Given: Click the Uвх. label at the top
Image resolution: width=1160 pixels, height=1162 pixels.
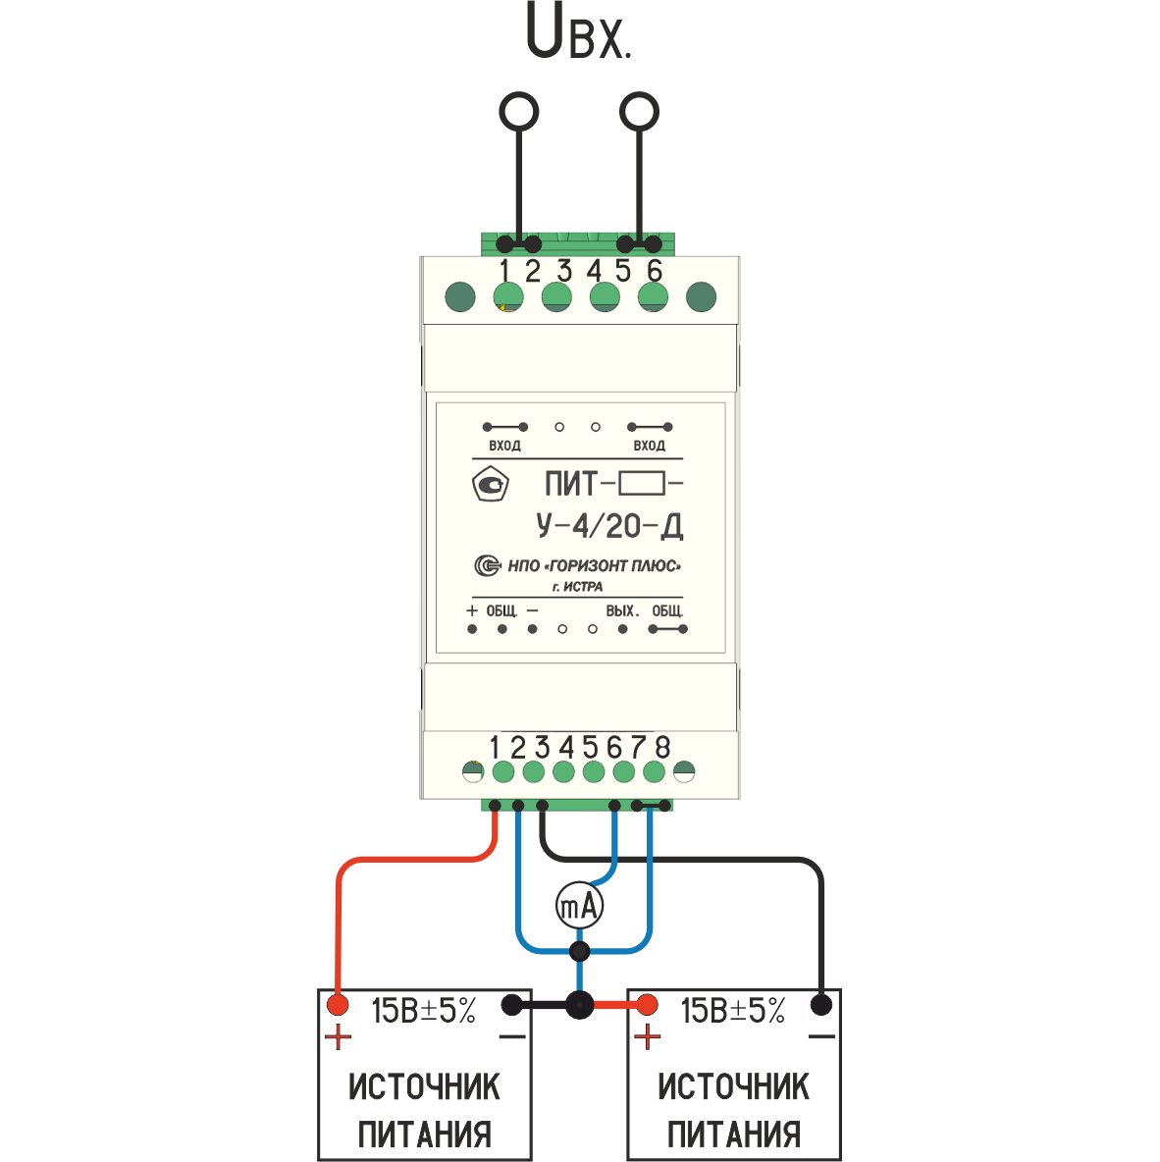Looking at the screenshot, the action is point(578,31).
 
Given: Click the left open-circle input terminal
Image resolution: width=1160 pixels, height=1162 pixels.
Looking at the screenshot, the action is point(519,112).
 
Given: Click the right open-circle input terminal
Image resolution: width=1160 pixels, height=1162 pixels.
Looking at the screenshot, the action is point(639,112).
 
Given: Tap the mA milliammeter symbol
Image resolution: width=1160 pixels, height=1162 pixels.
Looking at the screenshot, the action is point(580,905).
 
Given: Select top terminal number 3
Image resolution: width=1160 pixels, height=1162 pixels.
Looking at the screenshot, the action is point(564,271).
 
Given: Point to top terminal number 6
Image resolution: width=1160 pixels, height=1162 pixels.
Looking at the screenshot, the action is point(654,271).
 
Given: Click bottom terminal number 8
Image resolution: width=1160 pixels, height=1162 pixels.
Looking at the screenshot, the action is point(662,747).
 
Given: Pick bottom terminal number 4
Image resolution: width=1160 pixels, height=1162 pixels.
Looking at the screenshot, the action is point(566,747).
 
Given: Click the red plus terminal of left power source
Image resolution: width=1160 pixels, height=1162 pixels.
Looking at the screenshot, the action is point(338,1005).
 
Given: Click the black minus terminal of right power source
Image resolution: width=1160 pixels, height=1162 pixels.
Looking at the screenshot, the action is point(820,1005).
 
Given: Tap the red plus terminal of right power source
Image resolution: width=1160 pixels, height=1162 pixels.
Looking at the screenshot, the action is point(647,1005).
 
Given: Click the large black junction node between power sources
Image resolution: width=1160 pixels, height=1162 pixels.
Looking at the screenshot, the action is point(580,1006).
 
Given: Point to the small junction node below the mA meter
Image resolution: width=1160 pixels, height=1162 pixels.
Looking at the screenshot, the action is point(580,951).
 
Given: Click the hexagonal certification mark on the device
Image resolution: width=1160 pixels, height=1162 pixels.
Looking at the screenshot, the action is point(490,484).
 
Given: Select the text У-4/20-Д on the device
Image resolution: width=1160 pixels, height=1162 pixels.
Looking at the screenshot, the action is point(609,525).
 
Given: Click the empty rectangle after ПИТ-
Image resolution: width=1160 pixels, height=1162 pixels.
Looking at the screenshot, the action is point(641,484).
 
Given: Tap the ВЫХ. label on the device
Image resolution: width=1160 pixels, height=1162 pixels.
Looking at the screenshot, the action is point(622,610).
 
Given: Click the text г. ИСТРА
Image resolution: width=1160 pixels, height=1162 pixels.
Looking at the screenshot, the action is point(577,587).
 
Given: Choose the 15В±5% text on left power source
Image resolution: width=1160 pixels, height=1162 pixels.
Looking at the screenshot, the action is point(423,1011).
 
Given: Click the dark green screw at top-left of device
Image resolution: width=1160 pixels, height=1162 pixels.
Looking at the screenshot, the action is point(460,297).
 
